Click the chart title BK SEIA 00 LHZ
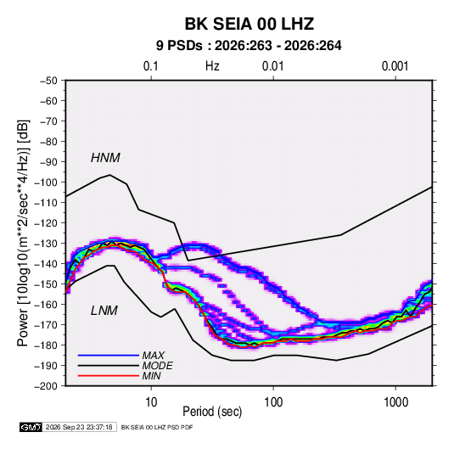(249, 24)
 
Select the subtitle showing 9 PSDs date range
(249, 46)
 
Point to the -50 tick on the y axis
(48, 81)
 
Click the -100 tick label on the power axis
(47, 182)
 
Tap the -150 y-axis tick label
(47, 284)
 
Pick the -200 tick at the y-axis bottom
(47, 386)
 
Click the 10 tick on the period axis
(151, 402)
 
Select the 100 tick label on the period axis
(273, 402)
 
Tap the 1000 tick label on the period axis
(395, 402)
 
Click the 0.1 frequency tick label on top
(151, 66)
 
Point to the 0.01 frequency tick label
(272, 66)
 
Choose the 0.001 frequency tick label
(395, 66)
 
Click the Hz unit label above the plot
(212, 66)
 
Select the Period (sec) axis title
(212, 412)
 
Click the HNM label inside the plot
(105, 158)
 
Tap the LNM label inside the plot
(104, 311)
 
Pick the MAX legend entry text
(154, 356)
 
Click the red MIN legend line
(109, 376)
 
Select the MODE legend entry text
(158, 366)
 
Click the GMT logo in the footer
(31, 427)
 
